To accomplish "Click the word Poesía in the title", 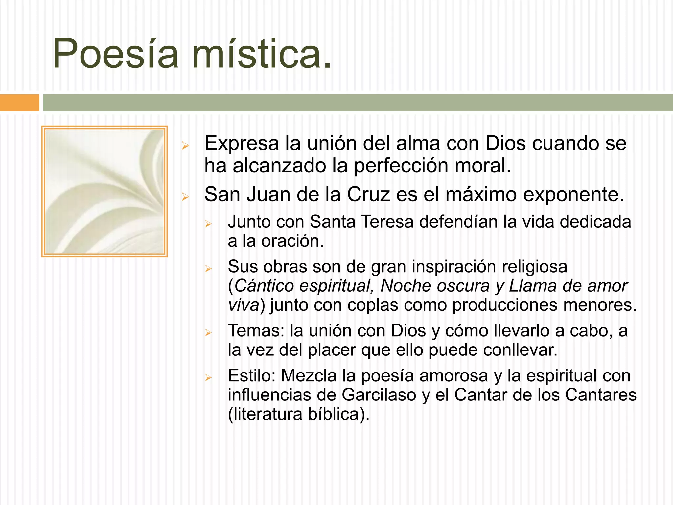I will coord(115,54).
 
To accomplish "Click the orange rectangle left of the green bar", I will coord(19,103).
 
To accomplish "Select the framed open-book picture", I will coord(104,191).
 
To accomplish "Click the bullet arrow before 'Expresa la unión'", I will coord(185,146).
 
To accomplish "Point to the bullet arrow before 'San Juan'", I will coord(185,197).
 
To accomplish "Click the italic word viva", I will coord(244,305).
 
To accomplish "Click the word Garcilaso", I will coord(379,395).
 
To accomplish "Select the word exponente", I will coord(573,194).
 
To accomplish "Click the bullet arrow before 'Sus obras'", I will coord(208,269).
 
